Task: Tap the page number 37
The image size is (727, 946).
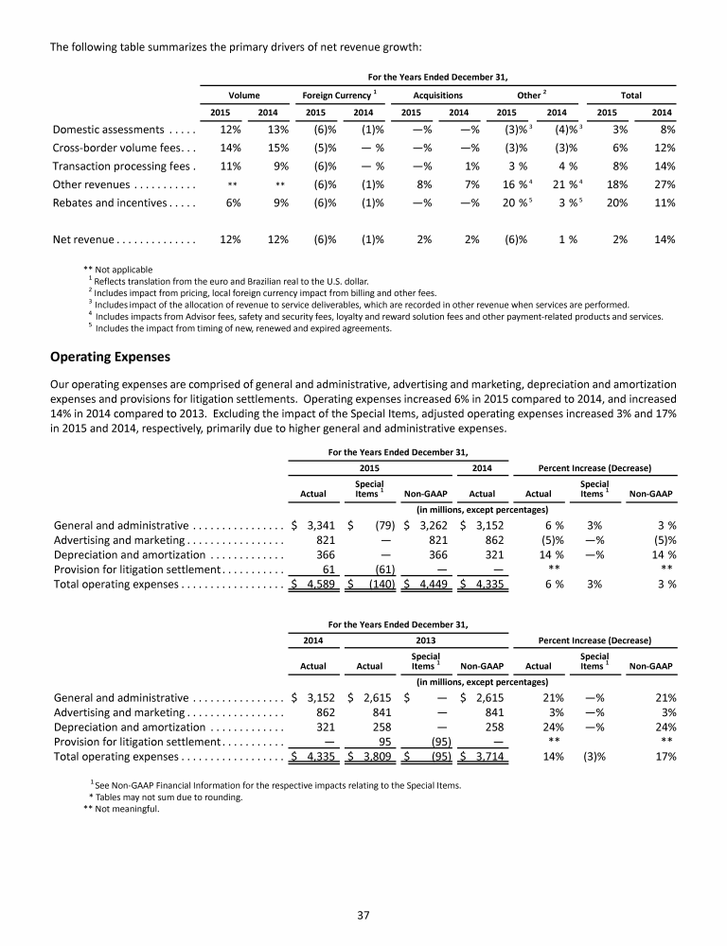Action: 363,914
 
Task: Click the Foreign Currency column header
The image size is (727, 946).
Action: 341,96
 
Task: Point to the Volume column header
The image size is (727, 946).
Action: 244,96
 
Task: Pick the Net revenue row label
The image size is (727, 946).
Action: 123,239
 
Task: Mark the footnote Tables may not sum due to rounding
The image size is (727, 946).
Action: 165,797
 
